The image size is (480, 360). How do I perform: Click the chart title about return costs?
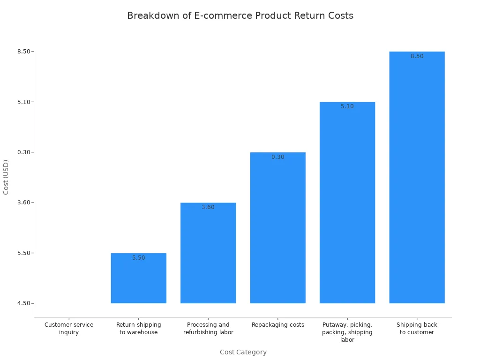[x=240, y=15]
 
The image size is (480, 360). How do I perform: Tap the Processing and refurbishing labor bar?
[x=208, y=255]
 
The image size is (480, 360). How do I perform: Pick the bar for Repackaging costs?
[x=277, y=230]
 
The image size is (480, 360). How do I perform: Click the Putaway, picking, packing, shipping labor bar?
[x=347, y=204]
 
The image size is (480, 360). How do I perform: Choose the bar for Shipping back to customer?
[x=417, y=178]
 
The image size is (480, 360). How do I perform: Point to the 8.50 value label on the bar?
[x=417, y=56]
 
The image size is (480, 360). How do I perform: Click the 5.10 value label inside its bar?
[x=347, y=106]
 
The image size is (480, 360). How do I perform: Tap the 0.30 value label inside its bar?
[x=277, y=157]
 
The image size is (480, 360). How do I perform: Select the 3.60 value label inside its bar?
[x=208, y=207]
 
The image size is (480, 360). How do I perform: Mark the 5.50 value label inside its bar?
[x=138, y=258]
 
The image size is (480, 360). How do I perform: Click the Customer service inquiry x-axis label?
[x=69, y=328]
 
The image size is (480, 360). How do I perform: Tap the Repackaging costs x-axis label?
[x=277, y=325]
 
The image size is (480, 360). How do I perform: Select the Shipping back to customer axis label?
[x=417, y=328]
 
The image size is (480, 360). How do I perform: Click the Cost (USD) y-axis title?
[x=6, y=177]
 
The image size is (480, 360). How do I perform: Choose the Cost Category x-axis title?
[x=243, y=352]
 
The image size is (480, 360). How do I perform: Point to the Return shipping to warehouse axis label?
[x=138, y=328]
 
